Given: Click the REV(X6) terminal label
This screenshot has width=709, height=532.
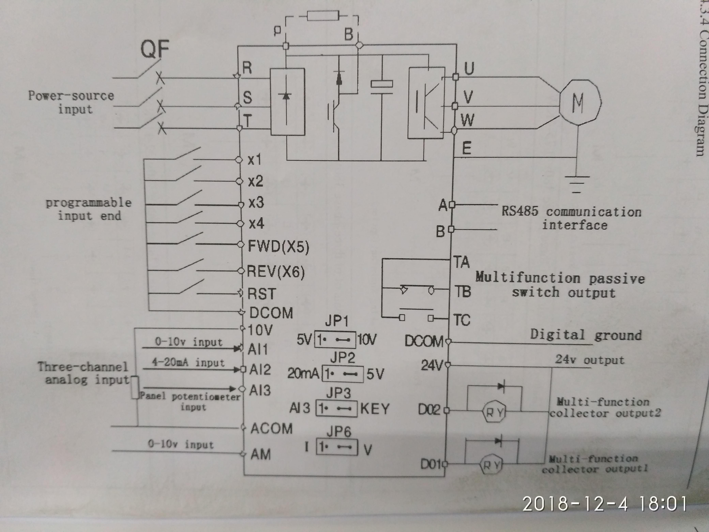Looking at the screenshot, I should tap(276, 272).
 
